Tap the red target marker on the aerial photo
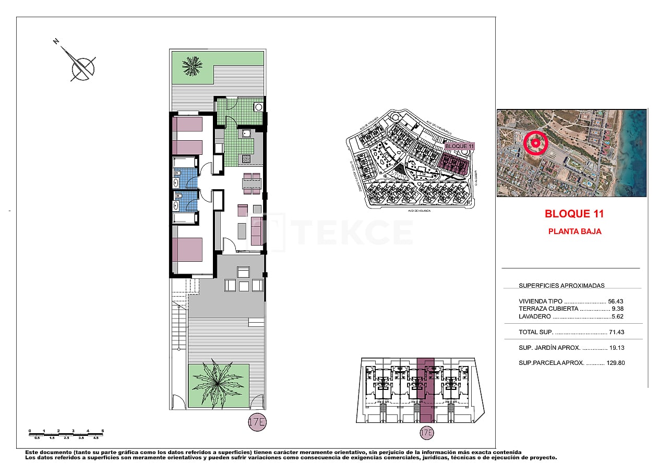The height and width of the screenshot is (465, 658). [x=534, y=142]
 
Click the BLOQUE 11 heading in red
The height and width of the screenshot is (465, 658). [x=574, y=214]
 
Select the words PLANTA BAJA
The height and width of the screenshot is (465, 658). [x=575, y=231]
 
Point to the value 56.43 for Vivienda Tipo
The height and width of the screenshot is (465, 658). [x=616, y=301]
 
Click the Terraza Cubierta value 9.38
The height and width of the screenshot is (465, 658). [x=617, y=309]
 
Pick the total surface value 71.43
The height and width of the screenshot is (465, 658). [x=616, y=332]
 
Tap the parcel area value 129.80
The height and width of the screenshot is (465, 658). [x=615, y=363]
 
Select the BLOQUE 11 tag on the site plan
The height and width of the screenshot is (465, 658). [x=459, y=146]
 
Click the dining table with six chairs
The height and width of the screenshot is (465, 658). [x=252, y=183]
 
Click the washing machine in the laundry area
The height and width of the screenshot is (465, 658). [x=258, y=107]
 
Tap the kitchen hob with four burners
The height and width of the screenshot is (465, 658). [x=245, y=158]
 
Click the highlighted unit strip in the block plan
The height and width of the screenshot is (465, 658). [x=426, y=388]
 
